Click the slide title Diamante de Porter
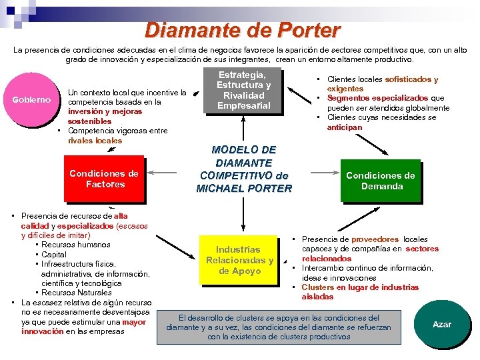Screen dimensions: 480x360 pyautogui.click(x=242, y=30)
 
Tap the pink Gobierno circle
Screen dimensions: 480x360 pyautogui.click(x=32, y=100)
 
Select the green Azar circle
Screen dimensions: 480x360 pyautogui.click(x=441, y=325)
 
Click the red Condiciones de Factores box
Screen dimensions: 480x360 pyautogui.click(x=104, y=179)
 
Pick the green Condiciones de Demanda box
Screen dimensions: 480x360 pyautogui.click(x=381, y=181)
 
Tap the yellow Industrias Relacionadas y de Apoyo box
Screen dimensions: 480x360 pyautogui.click(x=239, y=260)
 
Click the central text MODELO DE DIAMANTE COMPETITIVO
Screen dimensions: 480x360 pyautogui.click(x=244, y=163)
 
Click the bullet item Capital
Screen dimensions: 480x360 pyautogui.click(x=54, y=255)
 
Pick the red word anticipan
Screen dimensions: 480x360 pyautogui.click(x=345, y=127)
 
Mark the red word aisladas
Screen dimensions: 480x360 pyautogui.click(x=317, y=297)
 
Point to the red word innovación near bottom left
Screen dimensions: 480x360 pyautogui.click(x=43, y=331)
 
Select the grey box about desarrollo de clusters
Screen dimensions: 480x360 pyautogui.click(x=279, y=327)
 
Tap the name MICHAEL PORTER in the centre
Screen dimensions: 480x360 pyautogui.click(x=244, y=189)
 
